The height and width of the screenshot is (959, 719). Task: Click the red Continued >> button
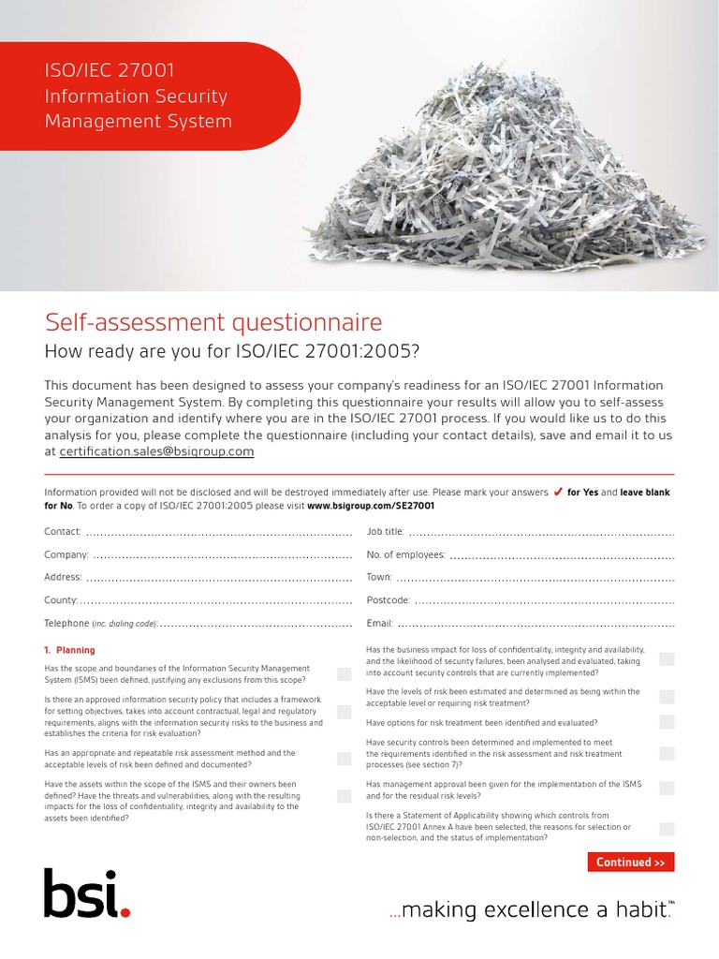(630, 863)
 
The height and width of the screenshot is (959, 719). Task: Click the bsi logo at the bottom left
(85, 894)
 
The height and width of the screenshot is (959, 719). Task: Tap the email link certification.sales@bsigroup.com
(156, 451)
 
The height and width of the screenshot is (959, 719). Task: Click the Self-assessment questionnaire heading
(213, 323)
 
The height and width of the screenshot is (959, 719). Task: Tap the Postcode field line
(544, 601)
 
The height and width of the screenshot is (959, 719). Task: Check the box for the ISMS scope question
(345, 674)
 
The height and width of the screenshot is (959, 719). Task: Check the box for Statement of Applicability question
(667, 828)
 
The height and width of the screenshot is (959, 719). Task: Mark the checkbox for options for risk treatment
(667, 722)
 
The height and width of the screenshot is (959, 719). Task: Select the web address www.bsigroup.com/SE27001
(370, 506)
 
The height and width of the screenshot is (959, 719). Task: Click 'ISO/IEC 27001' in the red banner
(110, 71)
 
